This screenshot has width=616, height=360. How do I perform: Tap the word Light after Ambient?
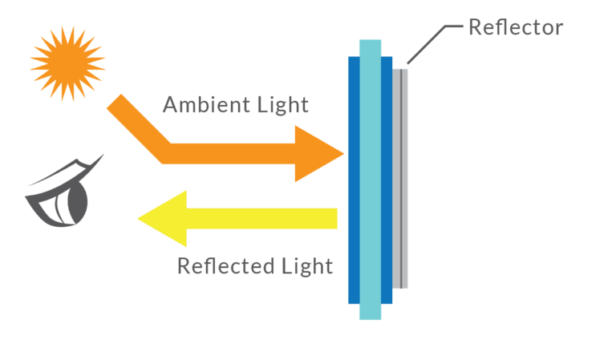pyautogui.click(x=282, y=105)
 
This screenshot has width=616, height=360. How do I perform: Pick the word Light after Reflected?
pyautogui.click(x=306, y=265)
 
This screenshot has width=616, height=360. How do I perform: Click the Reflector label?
pyautogui.click(x=516, y=27)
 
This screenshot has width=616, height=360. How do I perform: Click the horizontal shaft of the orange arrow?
pyautogui.click(x=233, y=152)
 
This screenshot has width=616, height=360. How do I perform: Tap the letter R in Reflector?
pyautogui.click(x=475, y=28)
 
